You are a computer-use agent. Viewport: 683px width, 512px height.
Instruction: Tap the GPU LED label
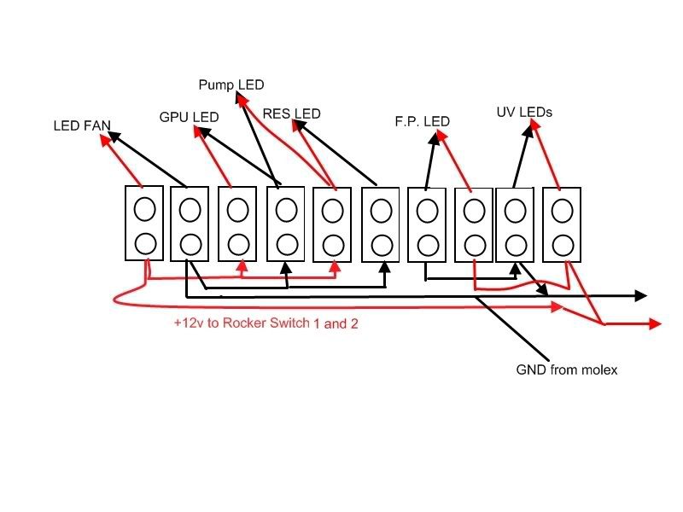click(189, 116)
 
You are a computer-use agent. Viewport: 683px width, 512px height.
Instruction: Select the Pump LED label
click(231, 84)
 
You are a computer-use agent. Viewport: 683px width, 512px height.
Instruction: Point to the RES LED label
click(291, 113)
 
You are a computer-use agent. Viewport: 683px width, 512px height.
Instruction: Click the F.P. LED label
click(422, 122)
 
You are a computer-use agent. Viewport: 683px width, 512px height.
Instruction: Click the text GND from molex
click(566, 369)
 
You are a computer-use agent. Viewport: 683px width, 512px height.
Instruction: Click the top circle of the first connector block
click(144, 208)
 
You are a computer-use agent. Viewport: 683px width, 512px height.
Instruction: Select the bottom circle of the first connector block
click(144, 242)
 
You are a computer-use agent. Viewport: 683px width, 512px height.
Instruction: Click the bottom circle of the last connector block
click(562, 243)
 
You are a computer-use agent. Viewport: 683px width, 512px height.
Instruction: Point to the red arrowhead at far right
click(655, 323)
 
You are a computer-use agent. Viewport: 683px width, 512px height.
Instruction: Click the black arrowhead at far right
click(639, 296)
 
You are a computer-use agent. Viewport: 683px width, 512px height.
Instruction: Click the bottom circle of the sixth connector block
click(381, 243)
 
